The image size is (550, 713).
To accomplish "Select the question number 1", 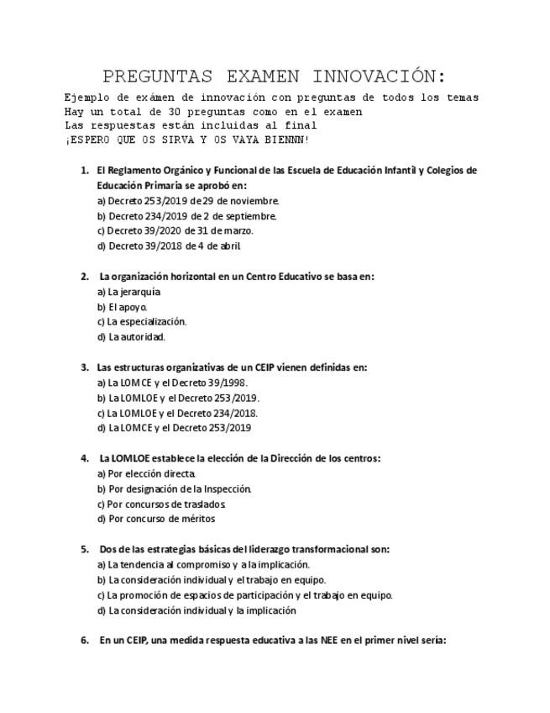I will [x=85, y=171].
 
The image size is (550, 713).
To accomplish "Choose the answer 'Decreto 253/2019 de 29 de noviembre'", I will [x=188, y=201].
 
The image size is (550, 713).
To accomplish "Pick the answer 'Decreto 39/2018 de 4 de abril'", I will [x=169, y=246].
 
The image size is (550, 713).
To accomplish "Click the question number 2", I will [x=85, y=277].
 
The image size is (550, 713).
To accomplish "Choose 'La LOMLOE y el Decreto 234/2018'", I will [x=178, y=413].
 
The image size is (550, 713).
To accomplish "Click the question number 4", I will [x=85, y=458].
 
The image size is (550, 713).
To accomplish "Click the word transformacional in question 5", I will [x=320, y=549].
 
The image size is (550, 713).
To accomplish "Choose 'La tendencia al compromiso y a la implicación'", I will [x=204, y=564].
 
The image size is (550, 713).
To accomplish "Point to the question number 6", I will [x=85, y=640].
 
